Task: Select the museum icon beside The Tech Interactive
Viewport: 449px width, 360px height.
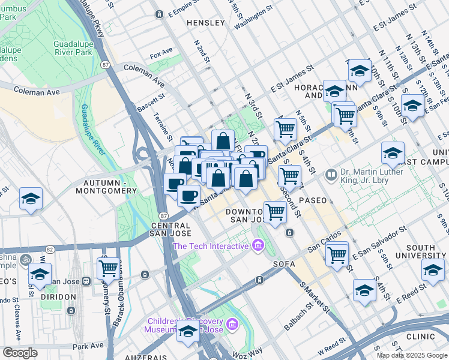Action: click(258, 245)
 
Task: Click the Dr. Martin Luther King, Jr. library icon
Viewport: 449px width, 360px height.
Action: click(331, 175)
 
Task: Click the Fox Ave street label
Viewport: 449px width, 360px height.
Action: click(161, 55)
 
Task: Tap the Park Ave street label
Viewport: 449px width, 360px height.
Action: click(88, 346)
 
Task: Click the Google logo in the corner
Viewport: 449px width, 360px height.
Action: click(20, 353)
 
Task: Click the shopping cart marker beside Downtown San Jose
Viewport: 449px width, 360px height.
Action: click(275, 212)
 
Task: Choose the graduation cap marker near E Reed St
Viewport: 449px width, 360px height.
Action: click(364, 291)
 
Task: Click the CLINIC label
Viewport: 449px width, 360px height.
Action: click(420, 337)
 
